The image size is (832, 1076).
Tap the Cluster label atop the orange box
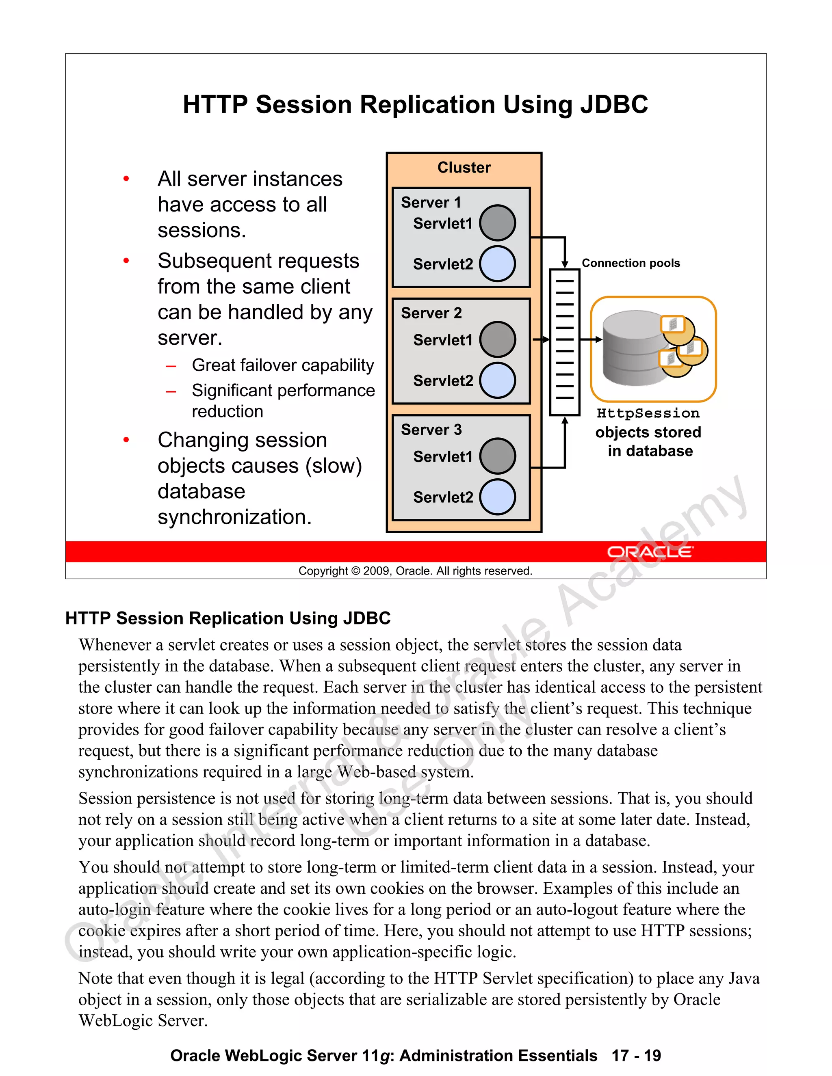(464, 168)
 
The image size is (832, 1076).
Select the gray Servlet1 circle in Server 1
(497, 223)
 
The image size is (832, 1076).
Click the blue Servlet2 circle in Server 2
(497, 380)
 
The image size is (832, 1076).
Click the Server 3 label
(431, 430)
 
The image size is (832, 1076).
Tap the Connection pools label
(630, 263)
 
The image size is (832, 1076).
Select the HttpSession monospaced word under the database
(648, 413)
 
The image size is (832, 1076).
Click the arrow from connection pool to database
(590, 339)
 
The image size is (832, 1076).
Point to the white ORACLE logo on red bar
(650, 552)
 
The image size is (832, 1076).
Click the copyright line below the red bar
(416, 571)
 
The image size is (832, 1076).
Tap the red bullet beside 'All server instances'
(126, 179)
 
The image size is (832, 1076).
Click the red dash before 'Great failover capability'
(171, 366)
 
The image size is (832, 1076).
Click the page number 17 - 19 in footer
(636, 1055)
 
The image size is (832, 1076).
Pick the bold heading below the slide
(228, 618)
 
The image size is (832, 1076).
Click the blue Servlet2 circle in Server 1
(497, 264)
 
